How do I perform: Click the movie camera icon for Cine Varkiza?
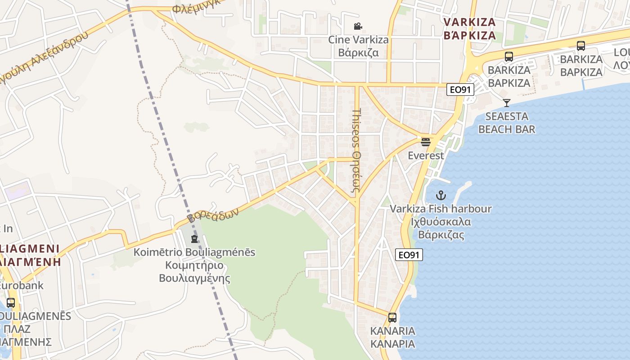coord(358,27)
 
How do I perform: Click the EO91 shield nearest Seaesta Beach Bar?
coord(460,90)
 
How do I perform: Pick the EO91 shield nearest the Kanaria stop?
coord(409,255)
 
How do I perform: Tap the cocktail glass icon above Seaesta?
coord(507,103)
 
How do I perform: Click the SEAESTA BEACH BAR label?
coord(507,123)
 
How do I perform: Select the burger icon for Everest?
coord(426,143)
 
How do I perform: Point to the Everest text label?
coord(426,156)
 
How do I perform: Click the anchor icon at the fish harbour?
coord(441,195)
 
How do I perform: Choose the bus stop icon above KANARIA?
coord(392,318)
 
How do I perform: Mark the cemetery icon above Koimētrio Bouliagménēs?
coord(194,238)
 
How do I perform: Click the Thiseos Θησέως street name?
coord(356,151)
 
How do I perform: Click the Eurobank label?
coord(22,285)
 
